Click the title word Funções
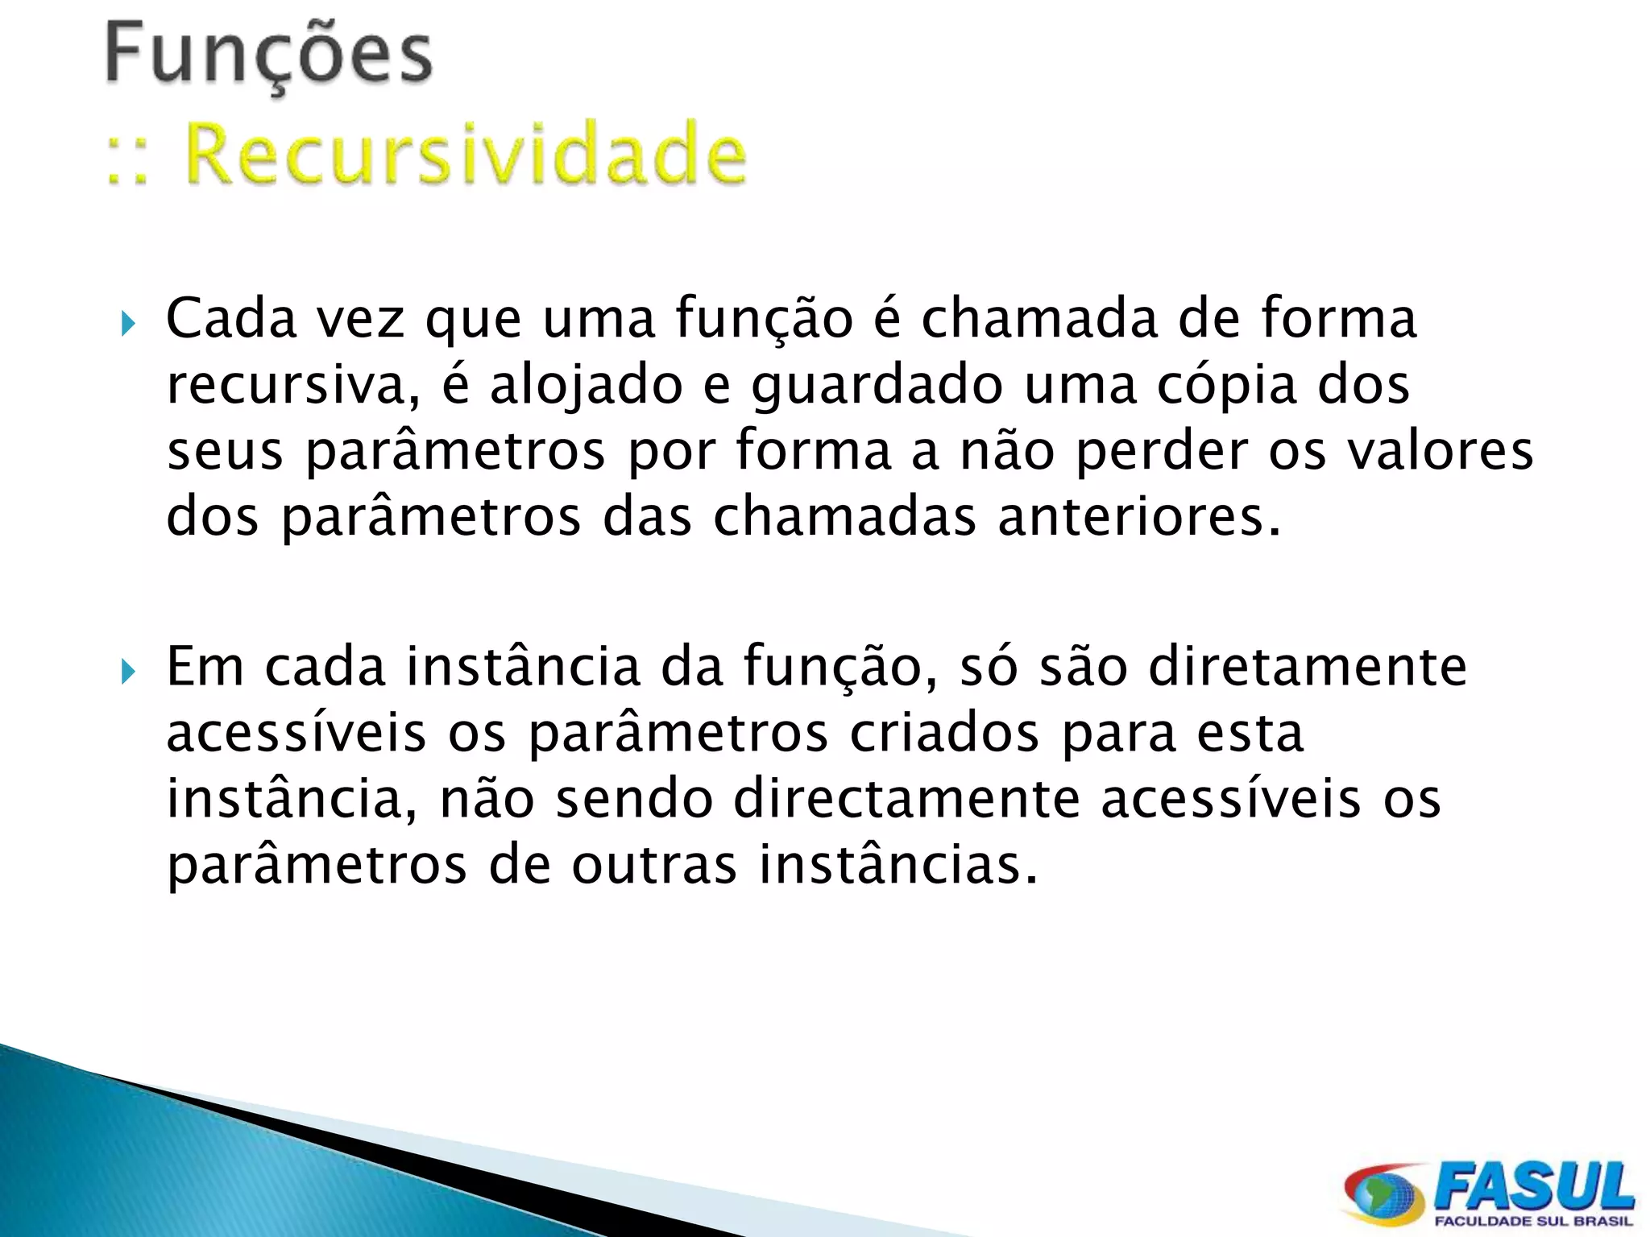(x=269, y=55)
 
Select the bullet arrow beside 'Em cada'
(x=128, y=672)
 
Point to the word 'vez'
(x=360, y=319)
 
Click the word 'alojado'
(x=586, y=385)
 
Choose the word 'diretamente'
(x=1307, y=667)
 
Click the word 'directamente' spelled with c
(x=906, y=799)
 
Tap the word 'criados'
(x=944, y=733)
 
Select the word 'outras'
(x=654, y=865)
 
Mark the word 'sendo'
(x=634, y=799)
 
